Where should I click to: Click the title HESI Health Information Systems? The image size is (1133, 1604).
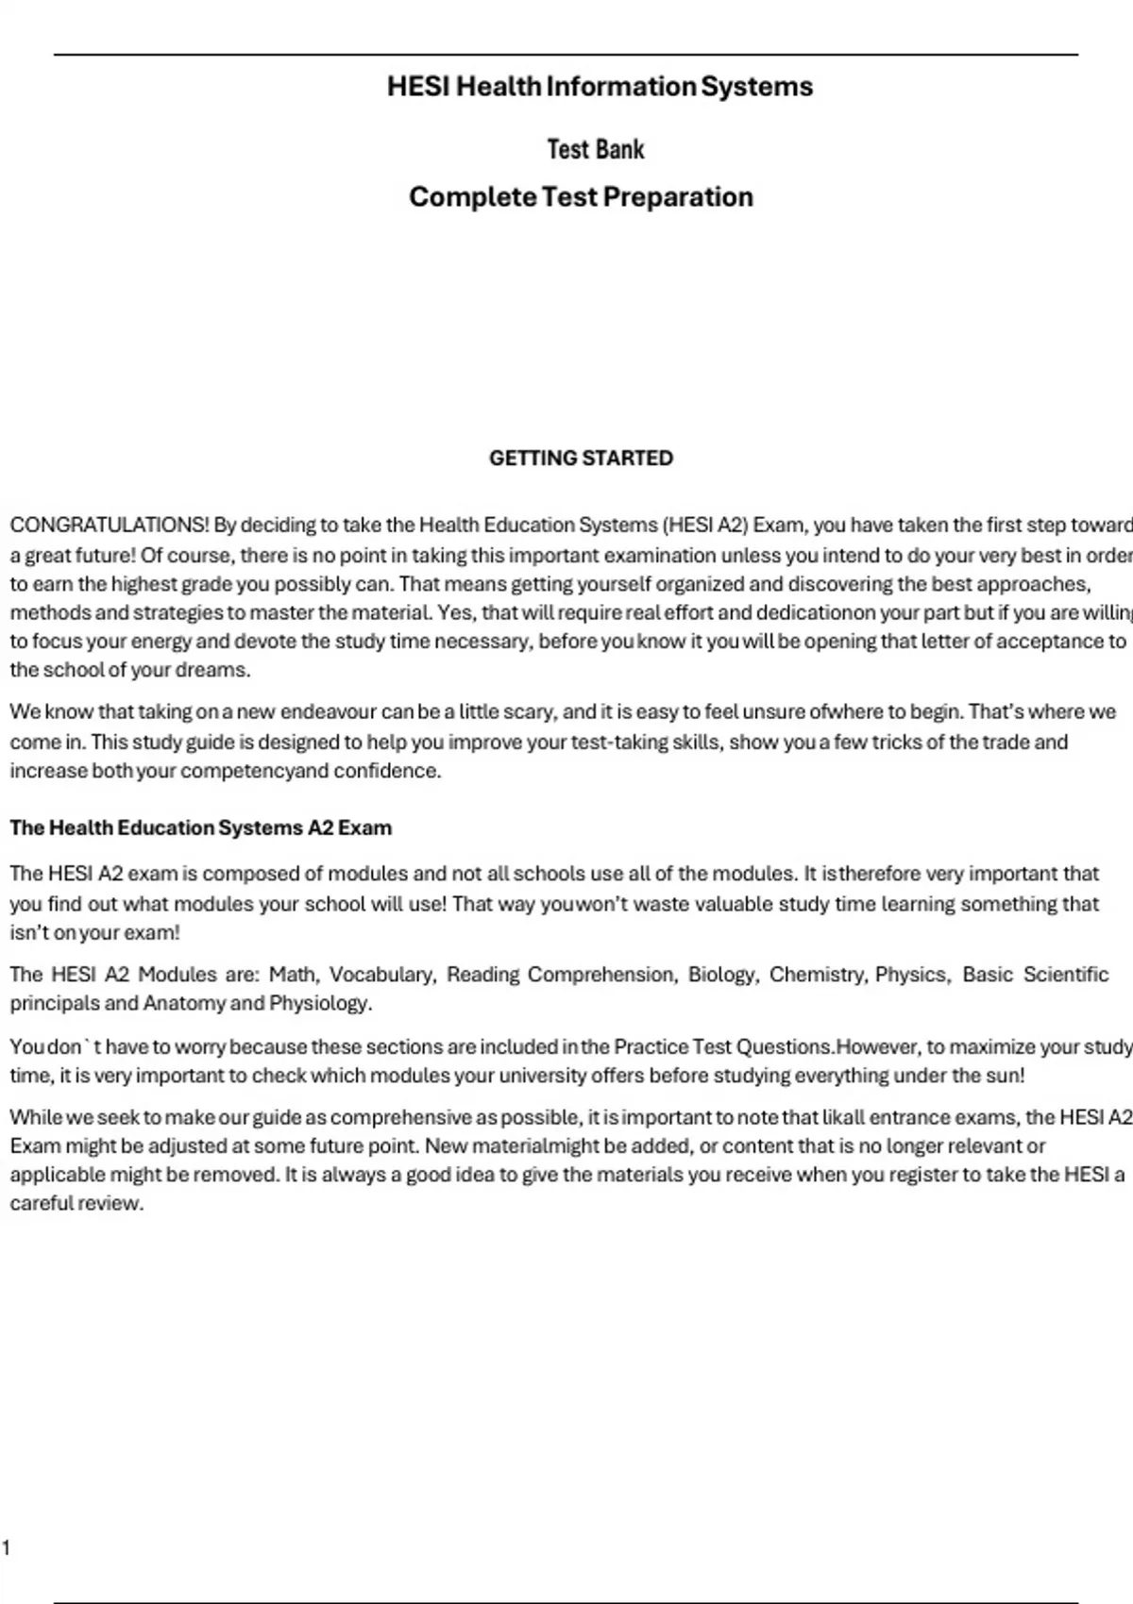(x=600, y=87)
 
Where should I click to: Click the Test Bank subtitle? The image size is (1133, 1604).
(x=596, y=149)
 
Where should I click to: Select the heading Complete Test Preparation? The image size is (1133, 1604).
(x=581, y=197)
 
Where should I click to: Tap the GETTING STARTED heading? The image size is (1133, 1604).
(x=581, y=459)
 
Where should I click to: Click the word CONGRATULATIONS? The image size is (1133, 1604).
(x=110, y=525)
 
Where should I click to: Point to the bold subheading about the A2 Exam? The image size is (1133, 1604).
(x=200, y=828)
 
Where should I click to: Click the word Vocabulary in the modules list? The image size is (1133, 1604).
(x=381, y=974)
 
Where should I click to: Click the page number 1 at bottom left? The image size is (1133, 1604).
(x=6, y=1546)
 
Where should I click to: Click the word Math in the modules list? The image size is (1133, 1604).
(x=294, y=974)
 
